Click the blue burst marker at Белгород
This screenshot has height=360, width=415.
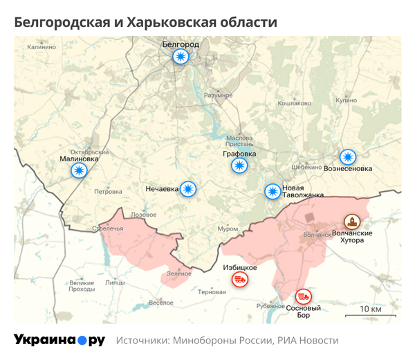point(181,57)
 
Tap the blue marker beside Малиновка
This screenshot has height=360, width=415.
point(80,170)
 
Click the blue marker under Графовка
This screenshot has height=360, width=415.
point(239,165)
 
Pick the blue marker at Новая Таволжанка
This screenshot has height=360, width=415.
point(273,191)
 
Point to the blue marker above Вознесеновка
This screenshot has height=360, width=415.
point(347,157)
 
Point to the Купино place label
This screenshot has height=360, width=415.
point(346,100)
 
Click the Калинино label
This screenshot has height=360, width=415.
point(41,47)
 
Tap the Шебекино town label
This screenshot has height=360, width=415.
point(306,167)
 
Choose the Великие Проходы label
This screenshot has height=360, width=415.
point(82,286)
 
